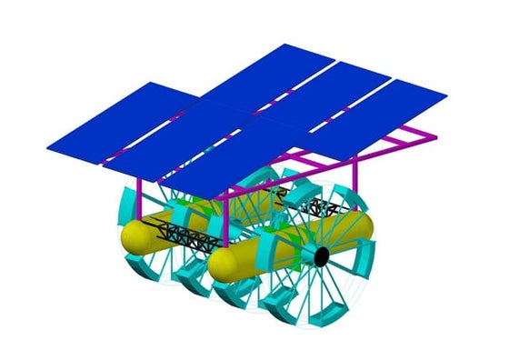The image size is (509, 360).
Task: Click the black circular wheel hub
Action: (x=322, y=257)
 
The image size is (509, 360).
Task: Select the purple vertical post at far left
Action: (x=137, y=191)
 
